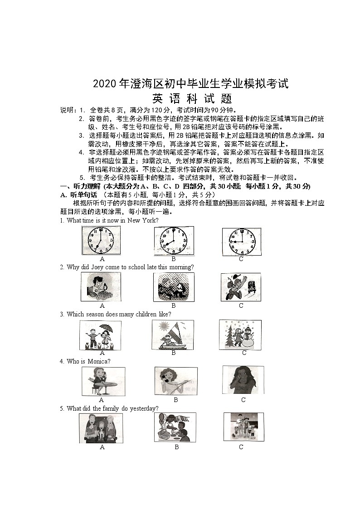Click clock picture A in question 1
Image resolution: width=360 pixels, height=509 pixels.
pyautogui.click(x=101, y=241)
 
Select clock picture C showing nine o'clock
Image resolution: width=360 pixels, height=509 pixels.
pyautogui.click(x=241, y=241)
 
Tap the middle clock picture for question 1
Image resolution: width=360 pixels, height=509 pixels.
pyautogui.click(x=174, y=241)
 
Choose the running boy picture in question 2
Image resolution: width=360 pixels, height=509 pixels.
pyautogui.click(x=241, y=287)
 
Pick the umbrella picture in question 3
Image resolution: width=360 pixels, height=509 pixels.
pyautogui.click(x=101, y=335)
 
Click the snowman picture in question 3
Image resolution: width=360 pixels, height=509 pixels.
pyautogui.click(x=240, y=334)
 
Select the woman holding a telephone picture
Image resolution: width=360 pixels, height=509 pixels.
pyautogui.click(x=175, y=382)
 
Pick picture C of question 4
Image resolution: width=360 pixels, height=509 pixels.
pyautogui.click(x=243, y=380)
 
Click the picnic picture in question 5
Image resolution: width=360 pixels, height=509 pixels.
pyautogui.click(x=175, y=427)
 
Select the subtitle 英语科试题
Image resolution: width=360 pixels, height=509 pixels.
pyautogui.click(x=192, y=98)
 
